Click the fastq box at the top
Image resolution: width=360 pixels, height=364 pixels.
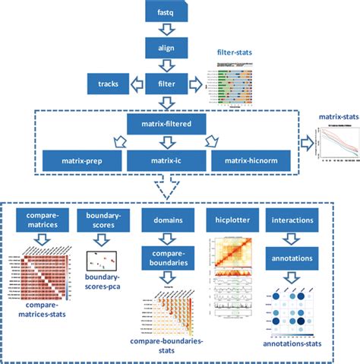click(165, 14)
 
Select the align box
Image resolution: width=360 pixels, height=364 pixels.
click(165, 48)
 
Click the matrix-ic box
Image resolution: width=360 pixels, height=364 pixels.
click(165, 161)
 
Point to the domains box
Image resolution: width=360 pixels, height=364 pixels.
click(165, 220)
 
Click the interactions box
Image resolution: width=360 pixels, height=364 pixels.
click(293, 220)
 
